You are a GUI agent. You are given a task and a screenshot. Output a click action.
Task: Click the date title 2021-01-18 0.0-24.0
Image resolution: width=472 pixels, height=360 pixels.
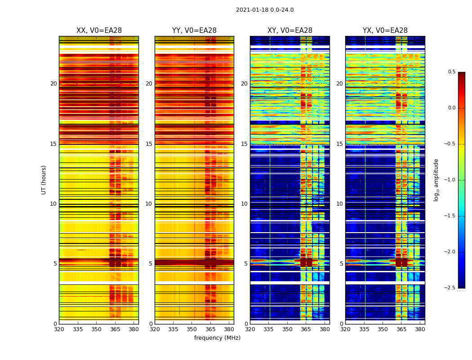pyautogui.click(x=265, y=10)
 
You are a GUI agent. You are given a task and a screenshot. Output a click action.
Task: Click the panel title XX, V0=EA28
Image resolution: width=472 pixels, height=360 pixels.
pyautogui.click(x=99, y=31)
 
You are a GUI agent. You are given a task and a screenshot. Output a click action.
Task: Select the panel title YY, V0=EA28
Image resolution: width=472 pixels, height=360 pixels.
pyautogui.click(x=194, y=31)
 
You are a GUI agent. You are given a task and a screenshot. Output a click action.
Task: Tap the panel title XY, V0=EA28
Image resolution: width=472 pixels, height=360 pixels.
pyautogui.click(x=290, y=31)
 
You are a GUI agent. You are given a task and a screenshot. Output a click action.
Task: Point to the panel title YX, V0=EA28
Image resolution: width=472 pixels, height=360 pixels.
pyautogui.click(x=385, y=31)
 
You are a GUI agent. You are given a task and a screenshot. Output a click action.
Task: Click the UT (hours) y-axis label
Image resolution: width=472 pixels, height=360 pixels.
pyautogui.click(x=44, y=180)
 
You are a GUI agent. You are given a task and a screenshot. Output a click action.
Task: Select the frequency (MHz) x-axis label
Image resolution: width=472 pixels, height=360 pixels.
pyautogui.click(x=217, y=338)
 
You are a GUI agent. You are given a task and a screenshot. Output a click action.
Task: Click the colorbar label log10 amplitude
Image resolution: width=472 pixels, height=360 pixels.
pyautogui.click(x=436, y=180)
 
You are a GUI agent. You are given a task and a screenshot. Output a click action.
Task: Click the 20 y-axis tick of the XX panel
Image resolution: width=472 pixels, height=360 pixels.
pyautogui.click(x=53, y=84)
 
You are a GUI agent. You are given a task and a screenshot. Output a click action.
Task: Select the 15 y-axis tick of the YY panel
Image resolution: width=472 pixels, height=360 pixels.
pyautogui.click(x=149, y=144)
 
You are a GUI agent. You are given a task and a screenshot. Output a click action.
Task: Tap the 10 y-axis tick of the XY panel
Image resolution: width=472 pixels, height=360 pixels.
pyautogui.click(x=245, y=204)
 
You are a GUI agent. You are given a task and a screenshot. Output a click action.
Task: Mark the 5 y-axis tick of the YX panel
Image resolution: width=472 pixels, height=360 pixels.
pyautogui.click(x=342, y=264)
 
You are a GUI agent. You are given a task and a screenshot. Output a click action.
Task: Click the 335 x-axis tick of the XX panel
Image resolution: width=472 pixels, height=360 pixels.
pyautogui.click(x=78, y=329)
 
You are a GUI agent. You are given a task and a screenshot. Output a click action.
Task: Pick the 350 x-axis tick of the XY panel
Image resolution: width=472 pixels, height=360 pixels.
pyautogui.click(x=287, y=329)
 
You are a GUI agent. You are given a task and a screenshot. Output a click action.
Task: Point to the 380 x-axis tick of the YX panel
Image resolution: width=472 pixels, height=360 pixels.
pyautogui.click(x=420, y=329)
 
